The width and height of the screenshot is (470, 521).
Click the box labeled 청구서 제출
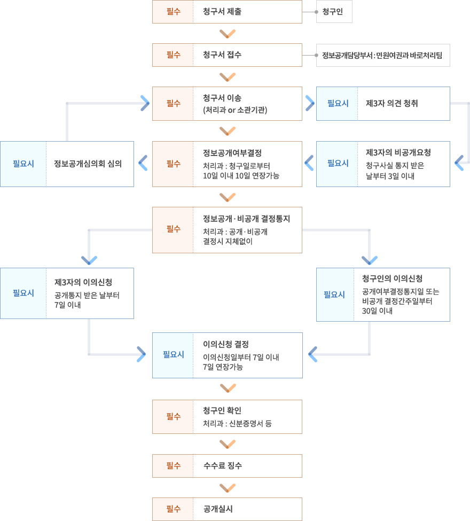pos(227,12)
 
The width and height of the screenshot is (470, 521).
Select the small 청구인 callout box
pos(334,12)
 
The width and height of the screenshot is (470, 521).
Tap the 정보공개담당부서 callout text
pos(383,55)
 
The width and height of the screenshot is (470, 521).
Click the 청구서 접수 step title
pos(222,55)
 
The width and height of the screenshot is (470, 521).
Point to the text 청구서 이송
pos(222,98)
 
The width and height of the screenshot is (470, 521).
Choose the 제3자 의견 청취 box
pos(383,104)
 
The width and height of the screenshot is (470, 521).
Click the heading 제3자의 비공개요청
pos(398,152)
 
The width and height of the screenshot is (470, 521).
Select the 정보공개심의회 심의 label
pos(88,164)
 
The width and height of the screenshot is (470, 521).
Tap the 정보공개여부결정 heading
pos(232,153)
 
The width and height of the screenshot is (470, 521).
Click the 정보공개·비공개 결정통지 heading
pos(246,219)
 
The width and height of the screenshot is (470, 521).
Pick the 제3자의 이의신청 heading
pos(83,282)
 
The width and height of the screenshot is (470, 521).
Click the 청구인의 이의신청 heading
pos(392,278)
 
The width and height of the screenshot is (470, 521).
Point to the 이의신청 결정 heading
pos(226,344)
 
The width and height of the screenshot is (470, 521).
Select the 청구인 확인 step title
pos(222,410)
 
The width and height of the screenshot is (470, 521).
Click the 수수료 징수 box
pos(227,466)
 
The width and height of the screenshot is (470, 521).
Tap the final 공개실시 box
pos(227,509)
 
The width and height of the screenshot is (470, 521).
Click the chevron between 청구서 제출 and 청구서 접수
pos(227,34)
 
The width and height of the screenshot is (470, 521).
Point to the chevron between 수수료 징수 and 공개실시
pos(227,487)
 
